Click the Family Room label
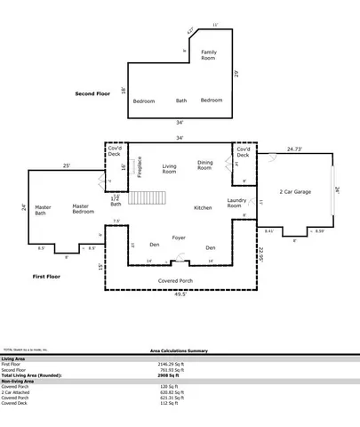pyautogui.click(x=208, y=55)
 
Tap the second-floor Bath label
pyautogui.click(x=181, y=101)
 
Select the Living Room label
pyautogui.click(x=169, y=166)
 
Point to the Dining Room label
pyautogui.click(x=205, y=165)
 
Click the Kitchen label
pyautogui.click(x=203, y=207)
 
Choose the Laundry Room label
pyautogui.click(x=236, y=203)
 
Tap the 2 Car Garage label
pyautogui.click(x=295, y=191)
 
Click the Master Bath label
pyautogui.click(x=40, y=210)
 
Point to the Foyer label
pyautogui.click(x=179, y=238)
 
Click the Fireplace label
pyautogui.click(x=140, y=167)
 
